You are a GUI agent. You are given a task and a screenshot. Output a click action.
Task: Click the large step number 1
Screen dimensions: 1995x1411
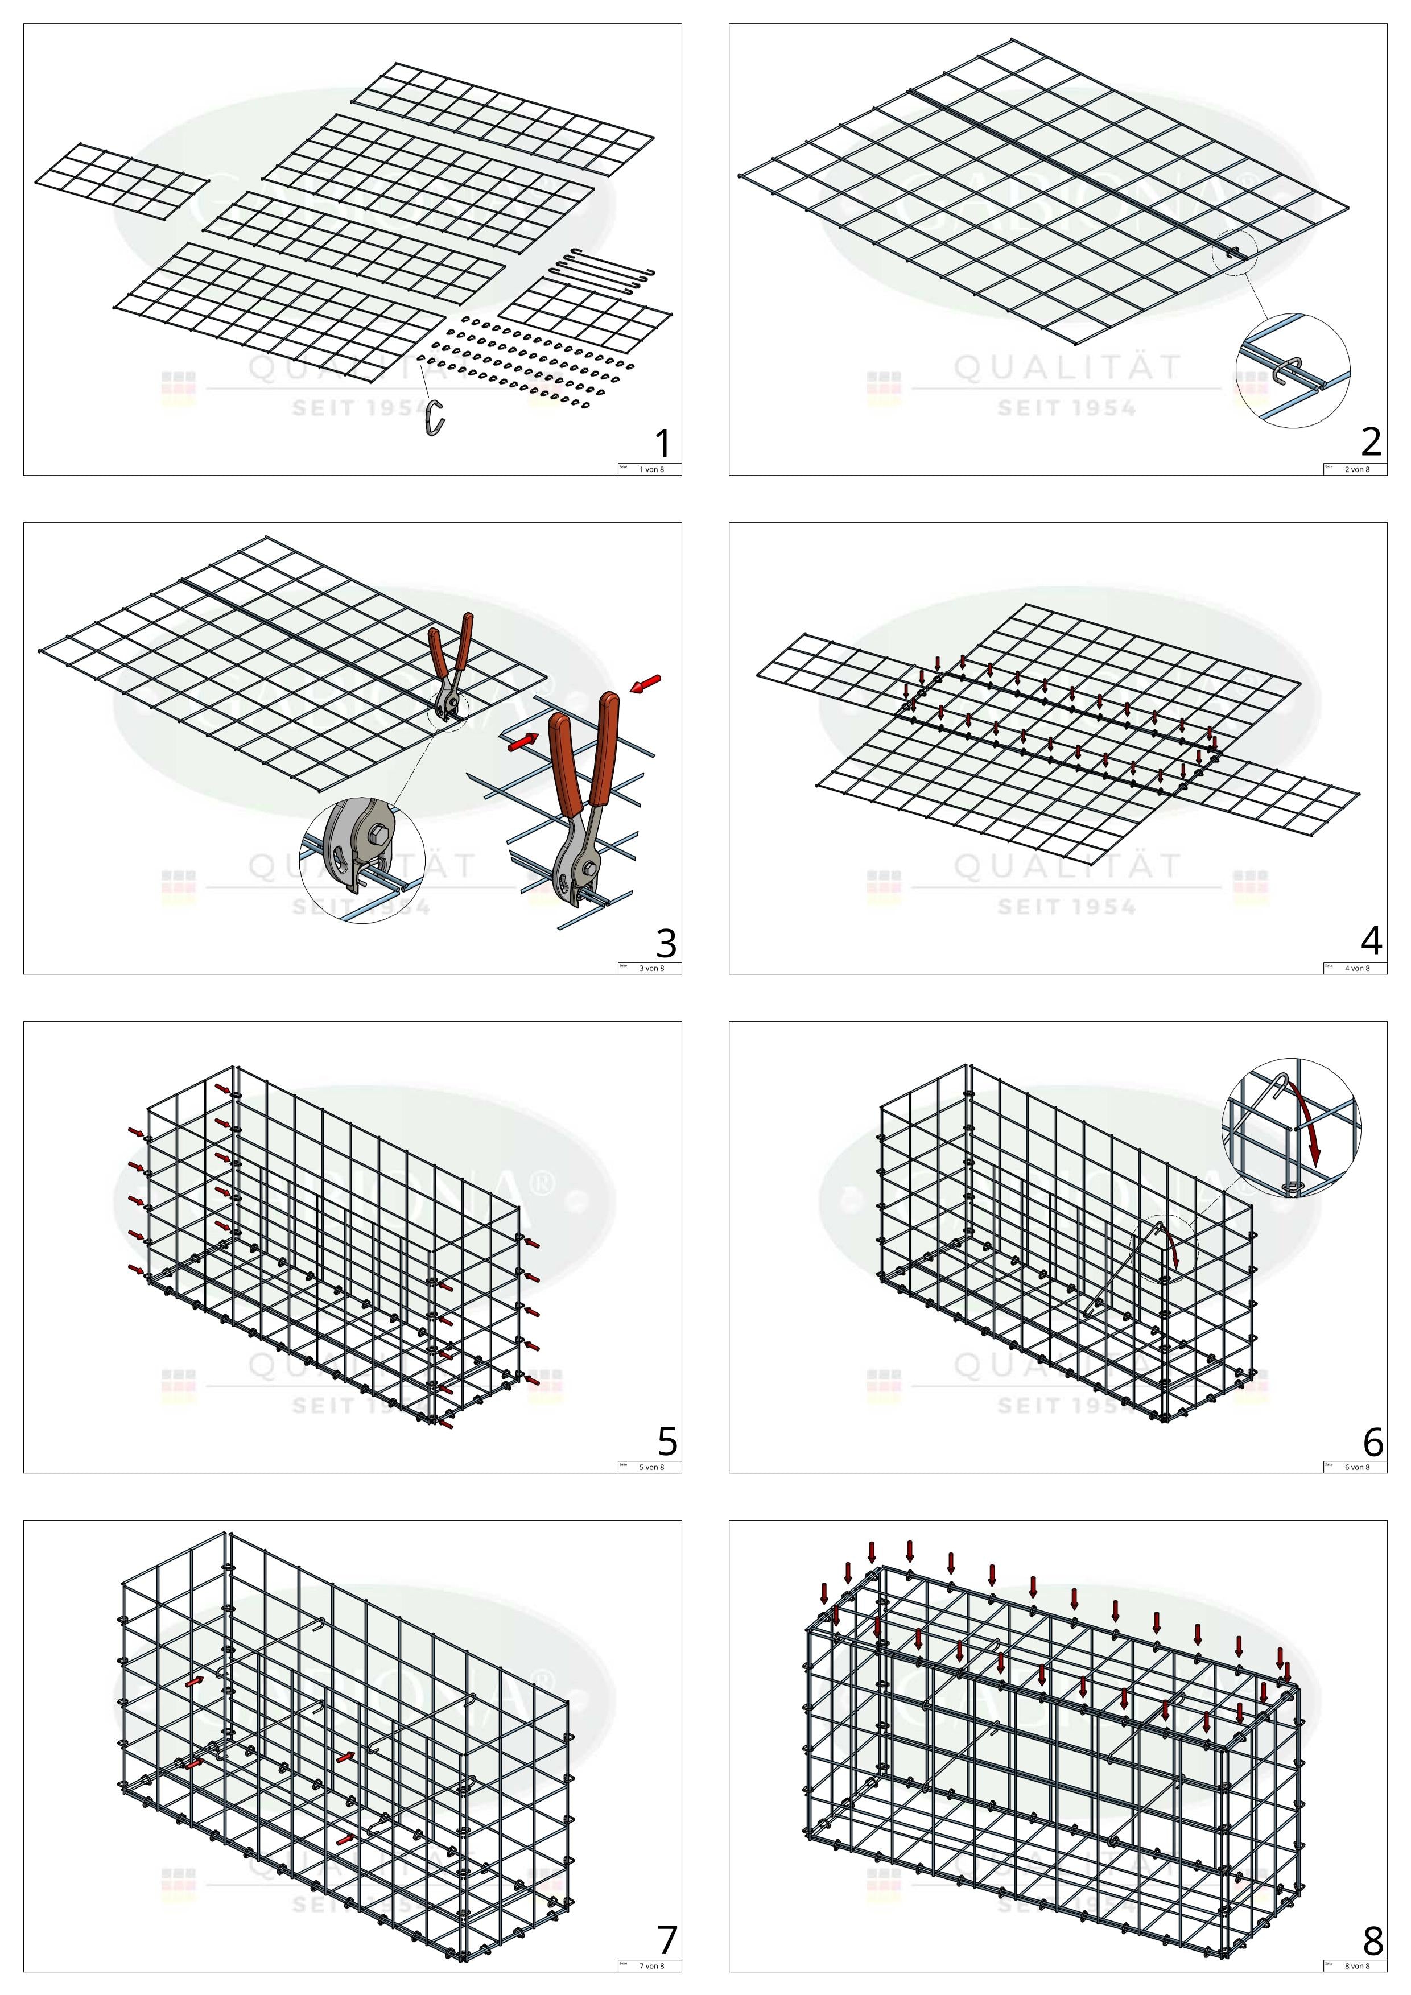pyautogui.click(x=663, y=444)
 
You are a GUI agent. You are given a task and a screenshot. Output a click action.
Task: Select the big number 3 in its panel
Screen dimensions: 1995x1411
pyautogui.click(x=666, y=943)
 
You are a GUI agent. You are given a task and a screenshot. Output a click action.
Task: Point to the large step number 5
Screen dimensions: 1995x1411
pyautogui.click(x=666, y=1441)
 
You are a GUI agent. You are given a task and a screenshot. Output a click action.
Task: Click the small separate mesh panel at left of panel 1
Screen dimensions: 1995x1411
pyautogui.click(x=122, y=181)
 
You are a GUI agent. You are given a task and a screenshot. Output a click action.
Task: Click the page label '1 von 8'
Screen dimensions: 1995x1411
pyautogui.click(x=651, y=469)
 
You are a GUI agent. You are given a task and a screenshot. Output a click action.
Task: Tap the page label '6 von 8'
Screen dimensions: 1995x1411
pyautogui.click(x=1356, y=1467)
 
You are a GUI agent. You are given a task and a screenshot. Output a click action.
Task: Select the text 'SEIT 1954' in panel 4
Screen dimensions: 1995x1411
pyautogui.click(x=1066, y=907)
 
